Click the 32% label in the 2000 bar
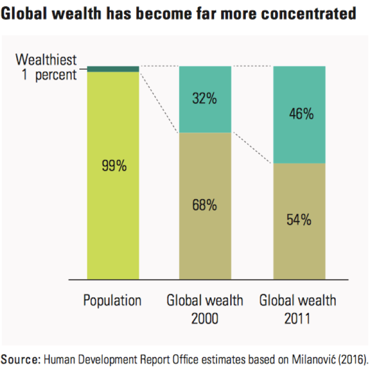tap(204, 99)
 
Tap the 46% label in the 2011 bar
tap(301, 114)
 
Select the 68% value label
tap(204, 206)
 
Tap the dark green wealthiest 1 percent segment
tap(113, 69)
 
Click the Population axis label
tap(112, 301)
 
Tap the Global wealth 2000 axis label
tap(205, 310)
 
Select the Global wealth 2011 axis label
tap(298, 310)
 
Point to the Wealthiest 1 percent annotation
tap(46, 68)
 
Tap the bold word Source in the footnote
tap(20, 359)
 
